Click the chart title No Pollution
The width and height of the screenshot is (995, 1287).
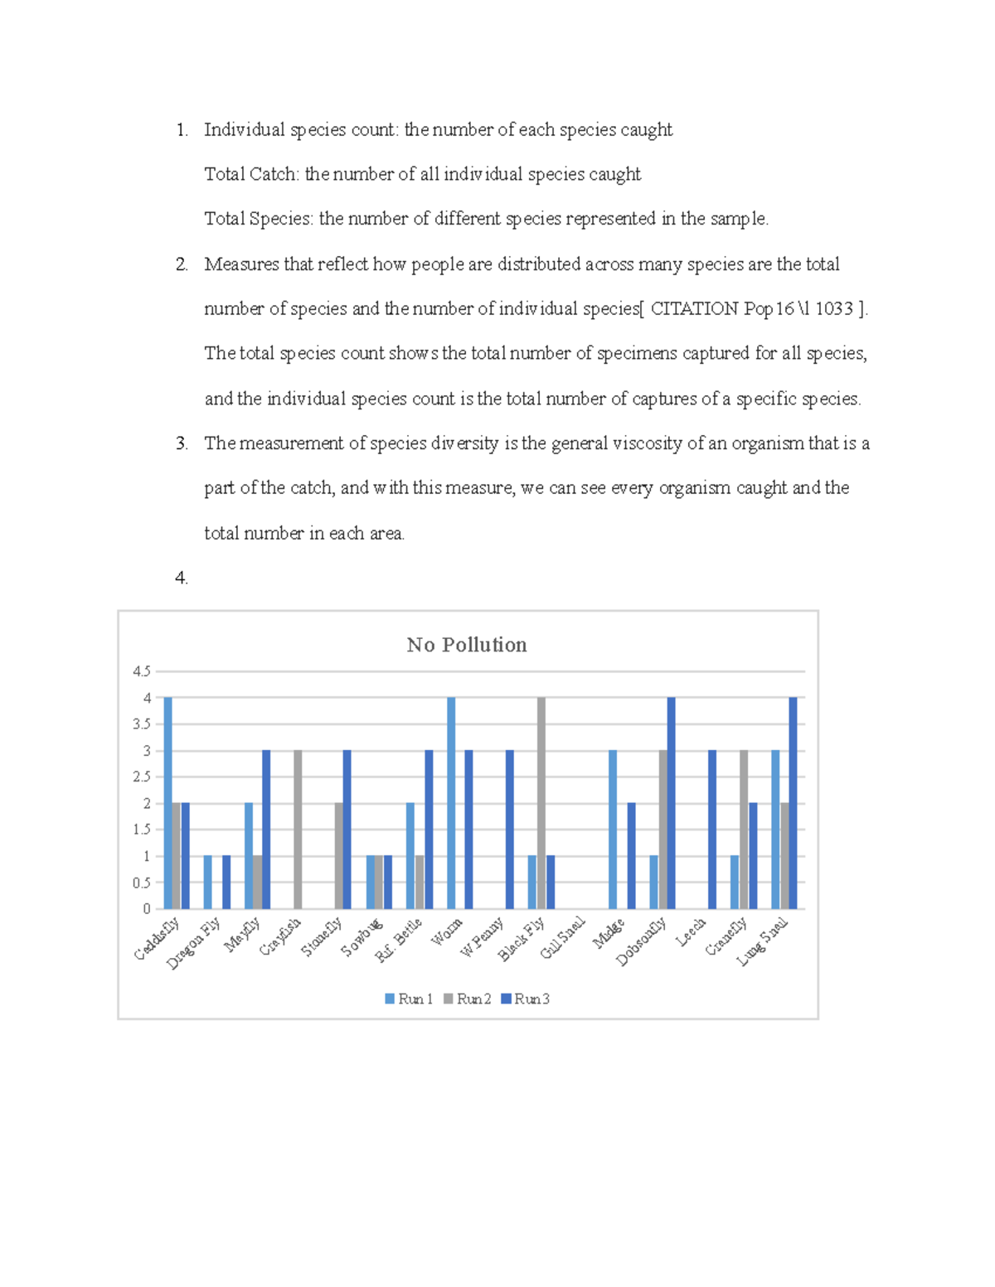pyautogui.click(x=467, y=645)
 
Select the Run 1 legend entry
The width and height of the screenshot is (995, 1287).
pyautogui.click(x=409, y=999)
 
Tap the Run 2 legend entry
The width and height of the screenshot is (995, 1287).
pyautogui.click(x=468, y=999)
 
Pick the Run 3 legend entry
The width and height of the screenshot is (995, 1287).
pyautogui.click(x=526, y=999)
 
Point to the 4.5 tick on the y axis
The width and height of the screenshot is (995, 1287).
pyautogui.click(x=142, y=671)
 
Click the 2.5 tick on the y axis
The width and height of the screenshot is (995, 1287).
pyautogui.click(x=142, y=777)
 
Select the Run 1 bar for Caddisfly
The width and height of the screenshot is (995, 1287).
pyautogui.click(x=167, y=803)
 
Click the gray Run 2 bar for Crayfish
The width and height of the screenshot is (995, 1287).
pyautogui.click(x=298, y=830)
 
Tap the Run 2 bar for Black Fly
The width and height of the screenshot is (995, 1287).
pyautogui.click(x=541, y=803)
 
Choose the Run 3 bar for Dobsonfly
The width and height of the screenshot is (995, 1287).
pyautogui.click(x=672, y=803)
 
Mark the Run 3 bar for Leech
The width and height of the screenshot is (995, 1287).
pyautogui.click(x=712, y=830)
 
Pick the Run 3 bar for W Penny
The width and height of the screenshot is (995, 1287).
pyautogui.click(x=510, y=830)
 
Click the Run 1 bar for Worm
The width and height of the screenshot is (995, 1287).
pyautogui.click(x=451, y=803)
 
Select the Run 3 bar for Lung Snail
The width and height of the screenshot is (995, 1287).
pyautogui.click(x=793, y=803)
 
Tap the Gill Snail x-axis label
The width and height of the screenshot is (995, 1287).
pyautogui.click(x=563, y=938)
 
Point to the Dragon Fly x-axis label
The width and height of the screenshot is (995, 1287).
pyautogui.click(x=193, y=943)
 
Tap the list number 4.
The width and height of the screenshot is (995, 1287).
pyautogui.click(x=181, y=578)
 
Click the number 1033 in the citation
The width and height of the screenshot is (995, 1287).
pyautogui.click(x=833, y=309)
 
